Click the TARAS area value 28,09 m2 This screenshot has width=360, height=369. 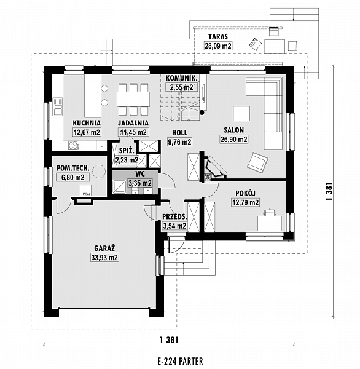coord(218,46)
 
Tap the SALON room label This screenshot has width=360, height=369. coord(233,130)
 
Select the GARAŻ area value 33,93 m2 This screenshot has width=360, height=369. coord(104,258)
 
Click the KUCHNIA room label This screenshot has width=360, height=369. coord(87,123)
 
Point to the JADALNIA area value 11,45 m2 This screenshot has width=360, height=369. coord(133,132)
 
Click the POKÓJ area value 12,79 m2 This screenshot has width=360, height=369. coord(246,202)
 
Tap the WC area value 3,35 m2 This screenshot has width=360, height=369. coord(140,183)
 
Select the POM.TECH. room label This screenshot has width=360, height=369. coord(73,169)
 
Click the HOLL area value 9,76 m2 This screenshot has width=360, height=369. coord(179,142)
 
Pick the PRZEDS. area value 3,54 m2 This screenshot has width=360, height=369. coord(174,226)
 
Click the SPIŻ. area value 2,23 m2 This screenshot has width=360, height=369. coord(127,160)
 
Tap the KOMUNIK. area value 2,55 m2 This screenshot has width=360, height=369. coord(181,87)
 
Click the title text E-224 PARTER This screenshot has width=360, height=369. coord(180,360)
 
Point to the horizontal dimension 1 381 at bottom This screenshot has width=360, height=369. coord(169,340)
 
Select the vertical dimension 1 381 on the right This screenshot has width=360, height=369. coord(329,191)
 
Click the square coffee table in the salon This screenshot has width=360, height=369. coord(241,113)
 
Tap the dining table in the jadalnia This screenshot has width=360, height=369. coord(133,99)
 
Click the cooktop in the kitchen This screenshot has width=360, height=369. coord(73,145)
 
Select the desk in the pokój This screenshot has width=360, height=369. coord(270,224)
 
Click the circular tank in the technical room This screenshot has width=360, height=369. coord(98,171)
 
